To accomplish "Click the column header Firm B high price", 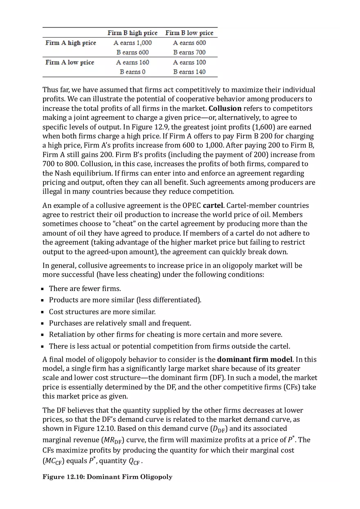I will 132,33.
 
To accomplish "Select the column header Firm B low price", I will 189,33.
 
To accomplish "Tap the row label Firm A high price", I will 71,43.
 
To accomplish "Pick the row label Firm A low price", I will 70,62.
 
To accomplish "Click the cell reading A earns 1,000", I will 132,43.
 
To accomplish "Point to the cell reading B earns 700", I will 189,52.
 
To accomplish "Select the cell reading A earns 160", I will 132,62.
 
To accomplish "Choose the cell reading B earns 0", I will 132,72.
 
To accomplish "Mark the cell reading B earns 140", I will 189,72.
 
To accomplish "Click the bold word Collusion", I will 225,108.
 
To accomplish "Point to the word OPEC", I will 191,205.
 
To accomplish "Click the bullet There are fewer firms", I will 85,288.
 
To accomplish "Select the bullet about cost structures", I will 102,312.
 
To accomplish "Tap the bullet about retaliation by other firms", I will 165,335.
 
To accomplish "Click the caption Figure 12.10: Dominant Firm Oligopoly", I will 107,477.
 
